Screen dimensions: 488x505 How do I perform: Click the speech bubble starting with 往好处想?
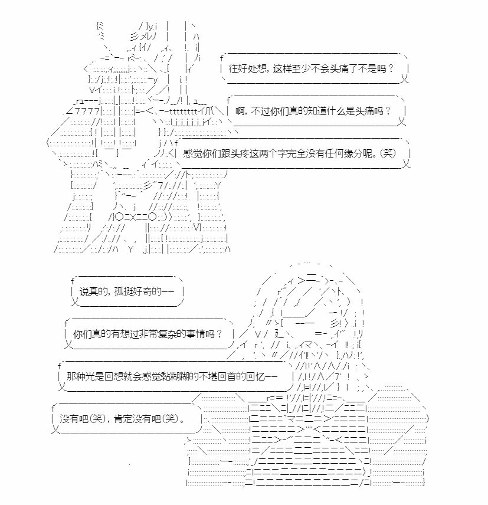[x=315, y=68]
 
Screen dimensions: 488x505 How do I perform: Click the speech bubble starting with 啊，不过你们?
[x=316, y=111]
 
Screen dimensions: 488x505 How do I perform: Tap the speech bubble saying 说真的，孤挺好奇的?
[x=127, y=291]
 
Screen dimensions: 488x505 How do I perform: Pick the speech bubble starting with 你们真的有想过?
[x=149, y=334]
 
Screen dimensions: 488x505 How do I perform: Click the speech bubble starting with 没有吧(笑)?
[x=127, y=419]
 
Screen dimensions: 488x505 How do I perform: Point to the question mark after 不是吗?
[x=391, y=68]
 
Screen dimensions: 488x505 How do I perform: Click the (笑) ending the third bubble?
[x=388, y=153]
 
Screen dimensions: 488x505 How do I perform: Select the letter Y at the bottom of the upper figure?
[x=130, y=250]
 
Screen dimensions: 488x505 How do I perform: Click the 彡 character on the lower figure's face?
[x=335, y=323]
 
